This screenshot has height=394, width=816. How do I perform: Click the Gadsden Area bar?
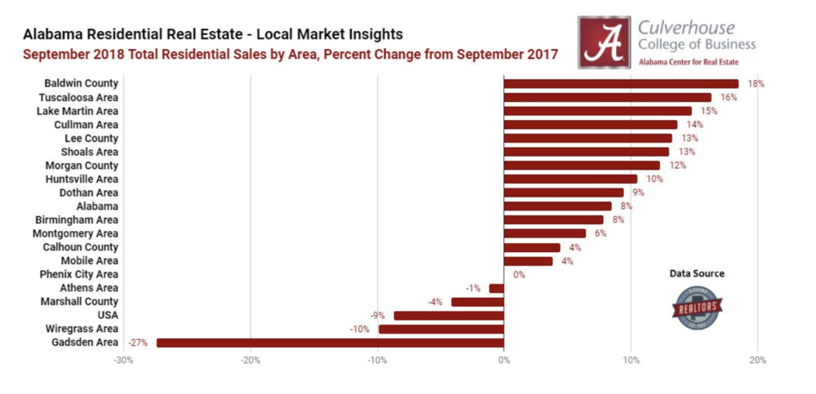coord(330,343)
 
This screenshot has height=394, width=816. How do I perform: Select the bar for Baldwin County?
coord(621,83)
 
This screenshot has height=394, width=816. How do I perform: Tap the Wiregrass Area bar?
coord(441,329)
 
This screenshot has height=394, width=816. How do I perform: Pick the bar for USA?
coord(449,316)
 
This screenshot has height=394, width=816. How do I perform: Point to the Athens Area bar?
coord(496,288)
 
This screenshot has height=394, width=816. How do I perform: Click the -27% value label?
coord(137,343)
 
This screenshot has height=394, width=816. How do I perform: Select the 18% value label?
coord(756,83)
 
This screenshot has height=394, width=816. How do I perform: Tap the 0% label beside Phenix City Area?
coord(518,275)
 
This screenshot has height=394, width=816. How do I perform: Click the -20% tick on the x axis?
coord(251,360)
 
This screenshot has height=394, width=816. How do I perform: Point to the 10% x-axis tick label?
coord(631,360)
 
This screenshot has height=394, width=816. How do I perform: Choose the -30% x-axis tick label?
coord(123,360)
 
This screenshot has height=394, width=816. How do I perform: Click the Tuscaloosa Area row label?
coord(78,97)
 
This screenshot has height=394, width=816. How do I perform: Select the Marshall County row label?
coord(79,302)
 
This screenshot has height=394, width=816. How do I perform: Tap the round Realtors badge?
coord(696,309)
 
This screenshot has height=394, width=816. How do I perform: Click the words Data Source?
coord(696,273)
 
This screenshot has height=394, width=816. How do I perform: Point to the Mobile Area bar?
coord(528,261)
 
